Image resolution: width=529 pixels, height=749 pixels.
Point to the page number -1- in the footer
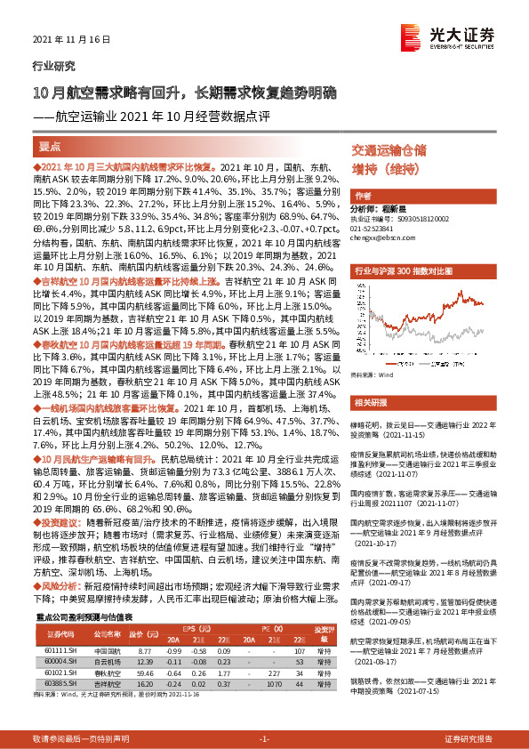(x=264, y=739)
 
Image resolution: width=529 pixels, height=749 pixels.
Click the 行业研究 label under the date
(x=49, y=66)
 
